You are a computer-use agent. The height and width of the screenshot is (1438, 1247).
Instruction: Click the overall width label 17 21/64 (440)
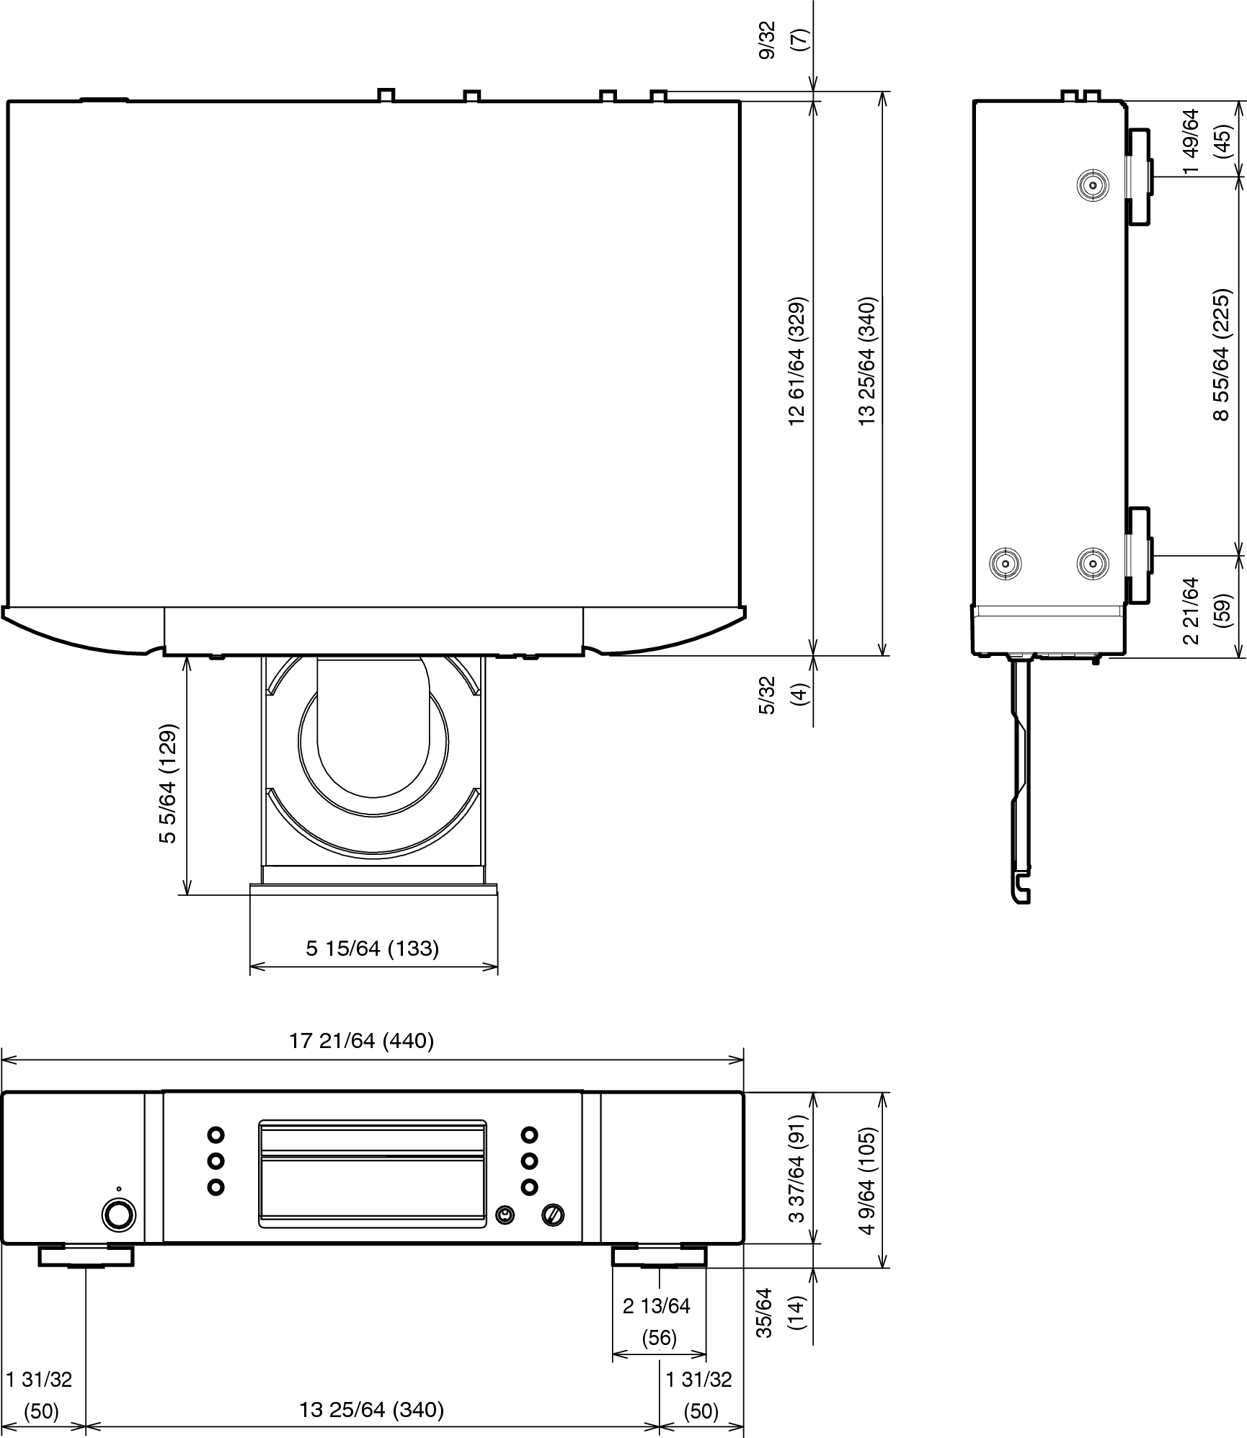[362, 1041]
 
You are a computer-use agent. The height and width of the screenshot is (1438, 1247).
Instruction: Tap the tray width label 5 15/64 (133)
[373, 948]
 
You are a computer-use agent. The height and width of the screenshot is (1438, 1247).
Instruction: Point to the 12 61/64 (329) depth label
[797, 360]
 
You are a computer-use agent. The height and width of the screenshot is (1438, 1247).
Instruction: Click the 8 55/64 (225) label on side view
[1221, 355]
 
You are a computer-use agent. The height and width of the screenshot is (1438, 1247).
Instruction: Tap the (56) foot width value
[659, 1339]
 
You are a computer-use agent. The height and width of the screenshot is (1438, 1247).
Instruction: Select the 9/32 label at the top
[767, 40]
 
